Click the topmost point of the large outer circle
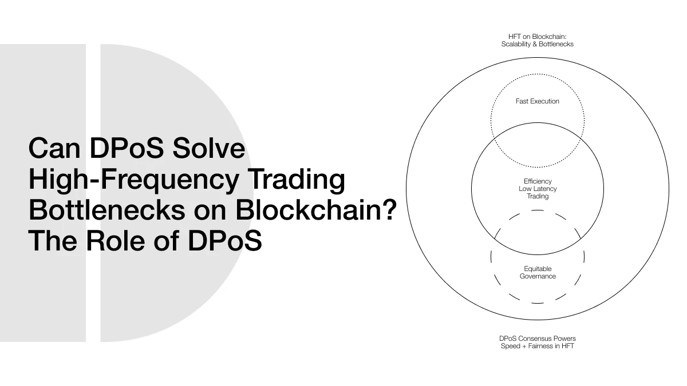[x=538, y=57]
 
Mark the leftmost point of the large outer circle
[x=406, y=189]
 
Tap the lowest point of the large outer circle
[x=538, y=320]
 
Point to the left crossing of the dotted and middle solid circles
[x=493, y=140]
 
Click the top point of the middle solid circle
[x=538, y=122]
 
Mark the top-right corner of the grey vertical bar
[x=86, y=44]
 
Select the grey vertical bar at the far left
[x=43, y=193]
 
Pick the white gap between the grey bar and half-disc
[x=93, y=193]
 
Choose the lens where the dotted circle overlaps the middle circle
[x=538, y=145]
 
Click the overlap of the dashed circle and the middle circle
[x=538, y=233]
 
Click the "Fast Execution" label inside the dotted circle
[x=538, y=101]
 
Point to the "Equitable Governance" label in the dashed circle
[x=538, y=272]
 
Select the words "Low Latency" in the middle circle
[x=538, y=189]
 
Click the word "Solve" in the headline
[x=209, y=148]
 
